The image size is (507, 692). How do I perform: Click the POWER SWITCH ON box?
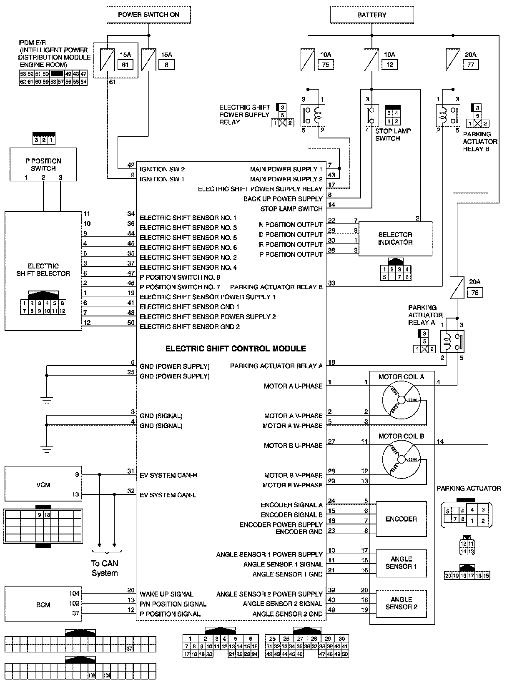(148, 15)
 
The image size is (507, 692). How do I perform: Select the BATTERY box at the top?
(371, 15)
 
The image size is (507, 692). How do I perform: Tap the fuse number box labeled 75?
(326, 65)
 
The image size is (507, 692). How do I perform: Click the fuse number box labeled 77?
(471, 65)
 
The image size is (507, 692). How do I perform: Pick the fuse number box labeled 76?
(475, 293)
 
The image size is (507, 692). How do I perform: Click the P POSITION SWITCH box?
(43, 164)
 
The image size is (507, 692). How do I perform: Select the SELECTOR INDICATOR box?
(395, 238)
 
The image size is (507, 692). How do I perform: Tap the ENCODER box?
(401, 519)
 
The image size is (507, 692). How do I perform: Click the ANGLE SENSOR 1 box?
(401, 563)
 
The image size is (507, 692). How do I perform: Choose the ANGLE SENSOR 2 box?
(401, 603)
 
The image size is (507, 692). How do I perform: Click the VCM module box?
(43, 485)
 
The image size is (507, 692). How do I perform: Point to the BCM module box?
(43, 605)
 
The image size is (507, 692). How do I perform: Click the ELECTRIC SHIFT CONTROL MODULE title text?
(236, 349)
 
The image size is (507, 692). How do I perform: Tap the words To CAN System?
(105, 568)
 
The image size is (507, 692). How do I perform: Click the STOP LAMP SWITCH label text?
(393, 135)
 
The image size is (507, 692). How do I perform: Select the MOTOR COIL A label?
(401, 377)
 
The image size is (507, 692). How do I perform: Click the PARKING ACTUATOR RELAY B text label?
(480, 141)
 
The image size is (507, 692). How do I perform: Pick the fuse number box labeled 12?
(390, 65)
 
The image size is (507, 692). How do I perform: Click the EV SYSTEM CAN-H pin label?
(168, 475)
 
